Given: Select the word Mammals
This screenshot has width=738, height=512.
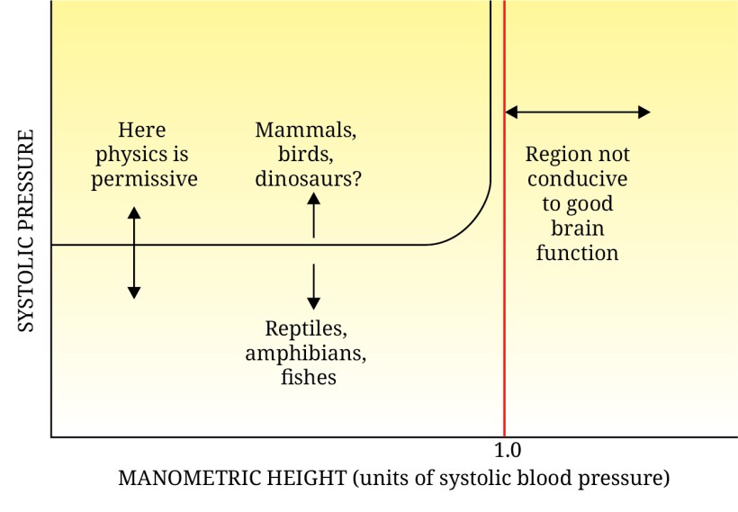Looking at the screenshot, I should (305, 130).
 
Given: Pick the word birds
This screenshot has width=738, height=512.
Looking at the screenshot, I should (305, 154).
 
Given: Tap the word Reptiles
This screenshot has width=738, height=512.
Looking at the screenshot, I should (306, 328).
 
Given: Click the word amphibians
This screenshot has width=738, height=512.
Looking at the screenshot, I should (306, 352).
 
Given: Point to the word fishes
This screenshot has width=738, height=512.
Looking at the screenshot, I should (308, 376).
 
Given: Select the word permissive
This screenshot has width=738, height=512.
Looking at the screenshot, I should (144, 178).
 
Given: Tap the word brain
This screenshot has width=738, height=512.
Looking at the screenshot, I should (577, 228).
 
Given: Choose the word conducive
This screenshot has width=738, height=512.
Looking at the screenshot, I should (577, 178).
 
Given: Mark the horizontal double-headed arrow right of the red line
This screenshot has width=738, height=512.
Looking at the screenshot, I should (577, 112).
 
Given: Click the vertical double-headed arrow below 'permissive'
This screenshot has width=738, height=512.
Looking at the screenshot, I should (134, 252).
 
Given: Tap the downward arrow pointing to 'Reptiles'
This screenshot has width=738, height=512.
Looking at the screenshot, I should (313, 286).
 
